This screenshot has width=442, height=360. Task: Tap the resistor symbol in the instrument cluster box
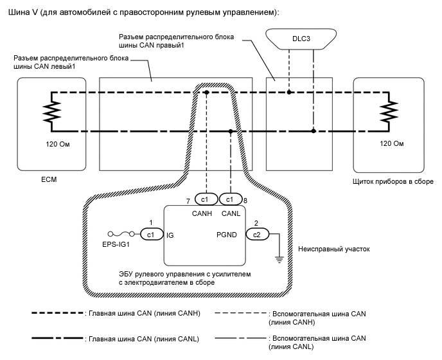pos(387,111)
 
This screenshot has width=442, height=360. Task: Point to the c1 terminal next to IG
pos(152,235)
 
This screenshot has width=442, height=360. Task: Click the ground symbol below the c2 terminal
pos(279,259)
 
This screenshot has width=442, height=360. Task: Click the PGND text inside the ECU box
pos(227,235)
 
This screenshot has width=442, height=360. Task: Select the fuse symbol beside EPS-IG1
pos(120,235)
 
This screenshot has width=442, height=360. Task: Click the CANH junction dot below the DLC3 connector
pos(290,93)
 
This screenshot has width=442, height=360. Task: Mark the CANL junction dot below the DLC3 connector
pos(314,131)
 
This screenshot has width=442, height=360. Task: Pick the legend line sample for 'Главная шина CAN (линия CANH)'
pos(57,313)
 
